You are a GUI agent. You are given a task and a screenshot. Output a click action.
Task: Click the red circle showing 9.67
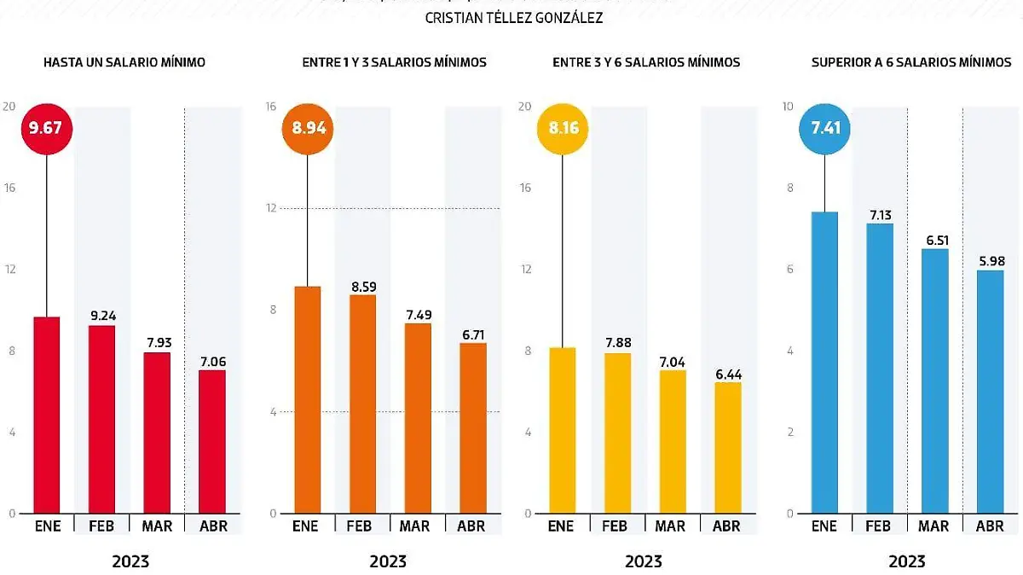pos(47,129)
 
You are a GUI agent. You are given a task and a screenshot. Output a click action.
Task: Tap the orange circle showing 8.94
pos(308,129)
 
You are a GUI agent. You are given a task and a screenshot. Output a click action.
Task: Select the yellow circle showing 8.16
pos(563,129)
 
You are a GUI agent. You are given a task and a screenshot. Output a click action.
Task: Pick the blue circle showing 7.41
pos(824,129)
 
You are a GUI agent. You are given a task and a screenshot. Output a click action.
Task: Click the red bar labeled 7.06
pos(212,441)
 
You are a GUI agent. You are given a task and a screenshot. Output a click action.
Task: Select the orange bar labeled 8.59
pos(362,404)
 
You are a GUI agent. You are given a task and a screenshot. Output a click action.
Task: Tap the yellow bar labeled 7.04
pos(671,441)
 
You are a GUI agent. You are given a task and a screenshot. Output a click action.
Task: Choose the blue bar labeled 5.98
pos(989,392)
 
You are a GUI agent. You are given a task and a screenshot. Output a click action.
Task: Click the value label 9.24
pos(101,316)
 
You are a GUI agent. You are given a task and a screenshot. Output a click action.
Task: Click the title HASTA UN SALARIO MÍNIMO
pos(124,62)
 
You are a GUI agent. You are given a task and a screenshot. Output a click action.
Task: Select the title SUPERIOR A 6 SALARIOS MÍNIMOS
pos(911,62)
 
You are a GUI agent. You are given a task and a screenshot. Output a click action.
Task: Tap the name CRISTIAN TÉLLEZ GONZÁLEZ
pos(513,17)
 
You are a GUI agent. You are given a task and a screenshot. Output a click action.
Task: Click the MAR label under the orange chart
pos(415,526)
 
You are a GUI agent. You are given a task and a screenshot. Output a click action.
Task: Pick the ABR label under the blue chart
pos(989,526)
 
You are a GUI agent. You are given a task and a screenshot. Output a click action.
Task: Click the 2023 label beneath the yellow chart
pos(644,561)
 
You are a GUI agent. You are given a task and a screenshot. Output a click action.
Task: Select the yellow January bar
pos(563,430)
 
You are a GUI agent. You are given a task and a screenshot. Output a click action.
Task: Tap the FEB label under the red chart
pos(101,526)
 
